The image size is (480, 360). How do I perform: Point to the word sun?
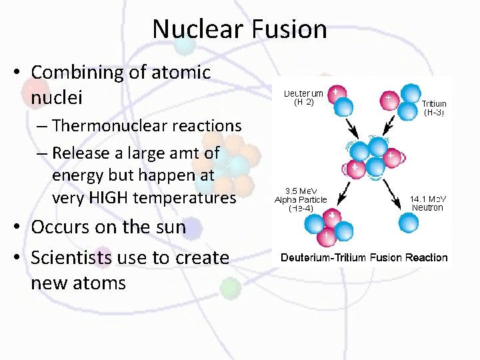pos(171,227)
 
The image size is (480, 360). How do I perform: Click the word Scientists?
pos(87,257)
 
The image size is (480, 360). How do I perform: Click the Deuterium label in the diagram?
pos(303,93)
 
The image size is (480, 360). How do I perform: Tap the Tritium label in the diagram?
pos(434,103)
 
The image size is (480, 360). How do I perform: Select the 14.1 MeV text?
pos(427,199)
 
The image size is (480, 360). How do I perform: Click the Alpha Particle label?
pos(301,200)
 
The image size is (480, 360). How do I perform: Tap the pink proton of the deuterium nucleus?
pos(339,91)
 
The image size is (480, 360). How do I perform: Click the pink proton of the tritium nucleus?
pos(389,101)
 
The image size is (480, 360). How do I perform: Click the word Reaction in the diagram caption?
pos(426,257)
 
